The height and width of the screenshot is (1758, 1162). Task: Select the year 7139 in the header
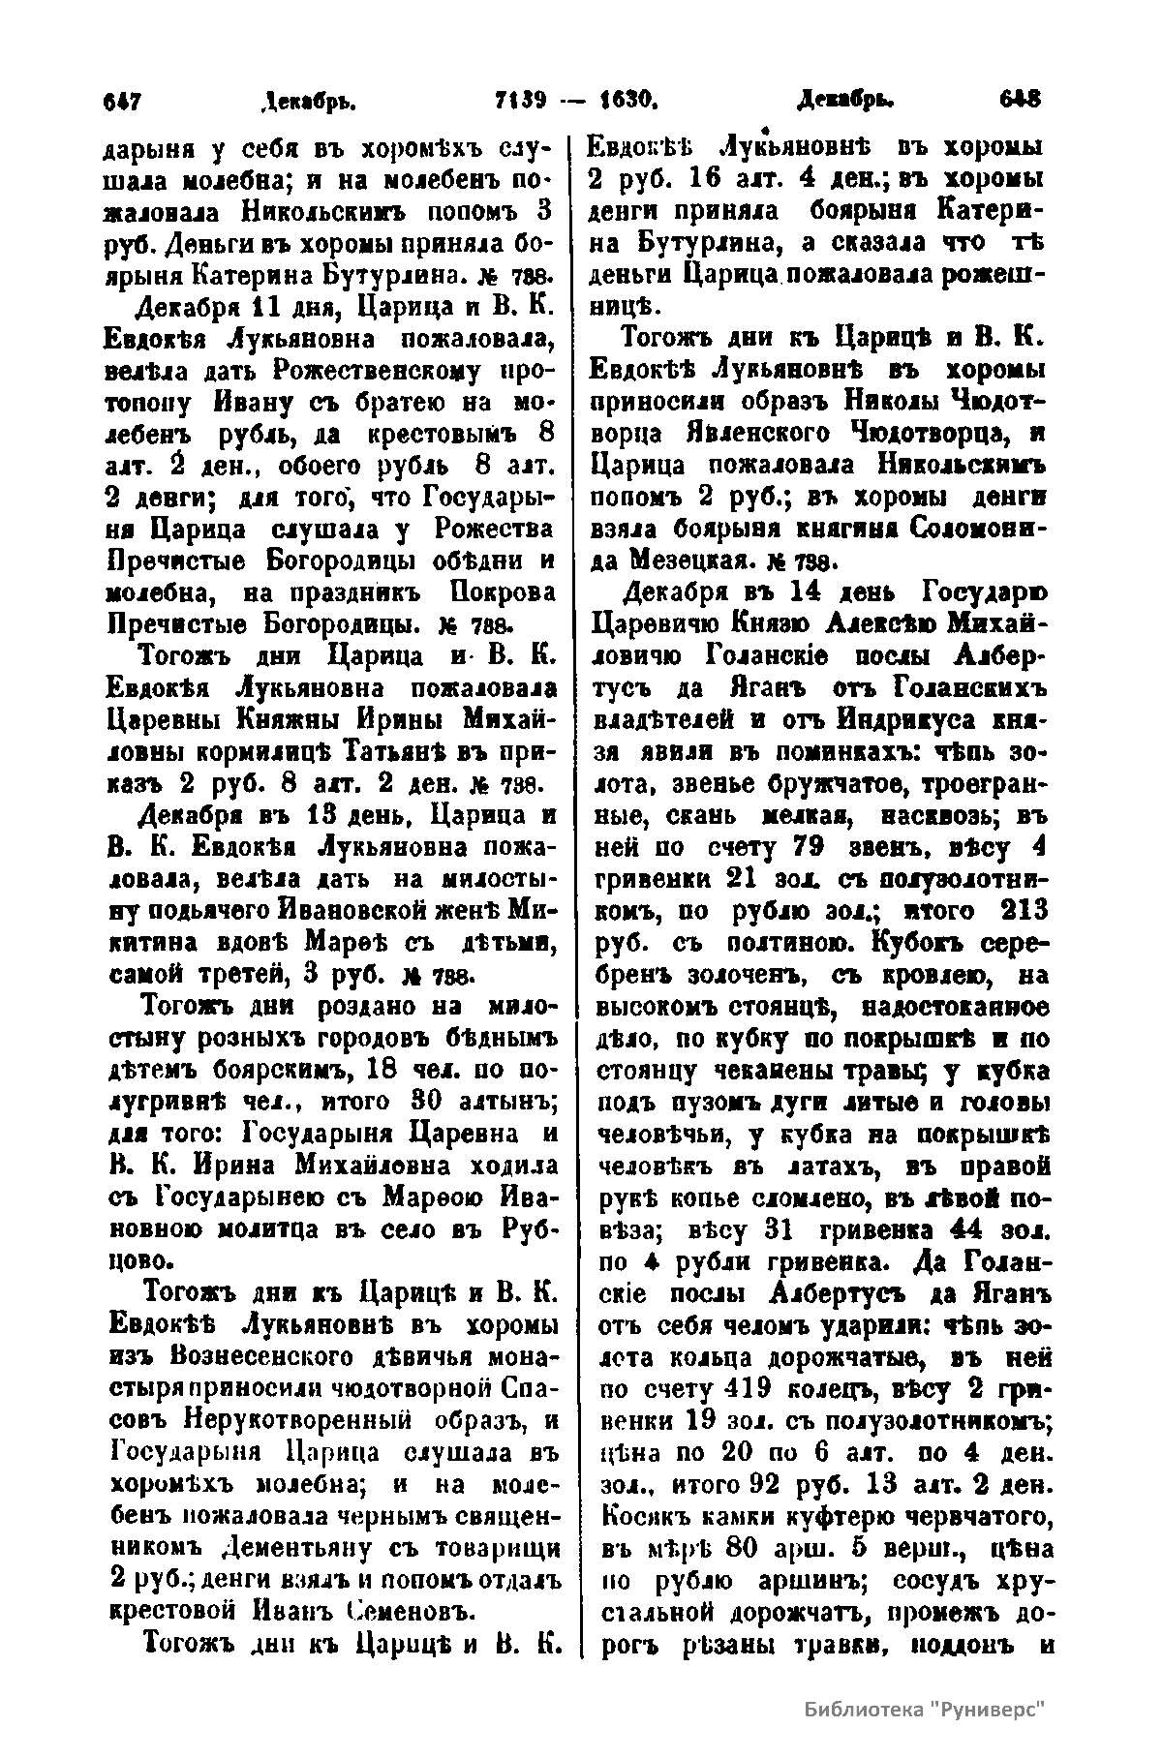[x=521, y=99]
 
